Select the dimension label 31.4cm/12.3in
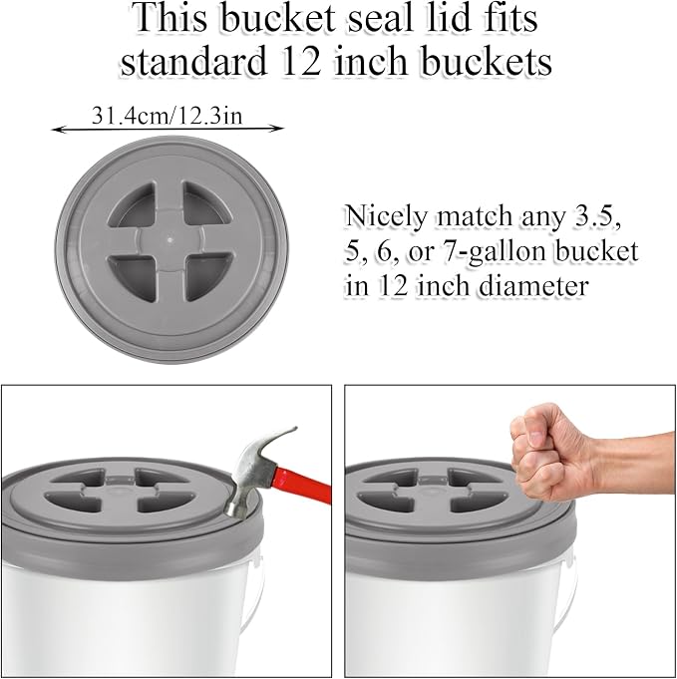[167, 116]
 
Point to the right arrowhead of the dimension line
[277, 128]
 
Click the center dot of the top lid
[169, 238]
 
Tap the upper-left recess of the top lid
[133, 203]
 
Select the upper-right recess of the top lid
[206, 202]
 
